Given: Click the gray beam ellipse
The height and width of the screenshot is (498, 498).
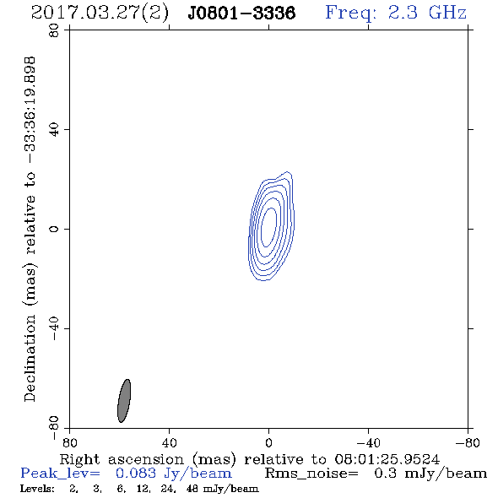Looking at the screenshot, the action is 124,401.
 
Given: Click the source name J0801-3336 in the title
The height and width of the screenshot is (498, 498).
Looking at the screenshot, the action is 241,14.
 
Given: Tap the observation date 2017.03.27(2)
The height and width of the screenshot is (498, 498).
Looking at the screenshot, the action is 100,14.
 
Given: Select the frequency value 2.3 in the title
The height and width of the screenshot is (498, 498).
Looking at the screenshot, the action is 403,13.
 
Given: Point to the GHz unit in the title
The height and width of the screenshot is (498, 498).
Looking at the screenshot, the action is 448,13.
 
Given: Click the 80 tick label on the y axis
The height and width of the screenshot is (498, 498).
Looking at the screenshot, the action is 54,30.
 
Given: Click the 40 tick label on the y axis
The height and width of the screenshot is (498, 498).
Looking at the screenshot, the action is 54,130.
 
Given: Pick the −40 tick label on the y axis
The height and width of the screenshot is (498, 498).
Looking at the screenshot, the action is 54,328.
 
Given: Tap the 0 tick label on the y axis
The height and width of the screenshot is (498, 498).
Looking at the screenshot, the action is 54,229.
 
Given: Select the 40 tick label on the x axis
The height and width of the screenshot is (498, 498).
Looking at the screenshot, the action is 169,443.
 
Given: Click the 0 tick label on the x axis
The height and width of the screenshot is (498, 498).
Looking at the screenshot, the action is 268,443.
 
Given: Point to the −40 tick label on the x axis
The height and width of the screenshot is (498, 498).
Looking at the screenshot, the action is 368,443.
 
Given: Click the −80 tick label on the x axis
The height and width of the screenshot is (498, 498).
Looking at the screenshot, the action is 468,443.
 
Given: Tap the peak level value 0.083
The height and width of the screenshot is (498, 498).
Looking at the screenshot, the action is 136,474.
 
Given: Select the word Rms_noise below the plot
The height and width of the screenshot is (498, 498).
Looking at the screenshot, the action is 311,474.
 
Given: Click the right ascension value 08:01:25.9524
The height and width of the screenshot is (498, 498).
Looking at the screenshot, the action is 387,459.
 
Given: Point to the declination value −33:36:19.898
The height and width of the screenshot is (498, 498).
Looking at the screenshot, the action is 30,110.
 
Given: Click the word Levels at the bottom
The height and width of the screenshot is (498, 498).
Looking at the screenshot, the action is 37,488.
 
